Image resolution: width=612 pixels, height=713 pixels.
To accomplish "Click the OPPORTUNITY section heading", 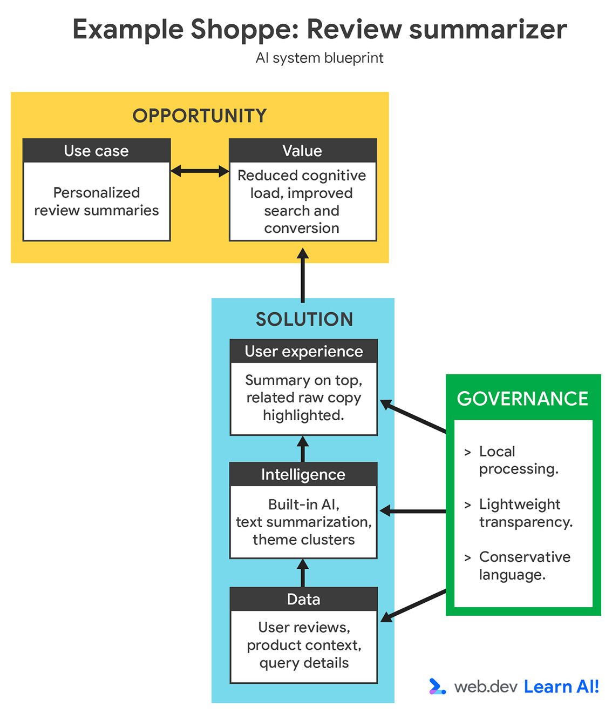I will [200, 116].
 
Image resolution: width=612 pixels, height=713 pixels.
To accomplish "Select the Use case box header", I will [97, 151].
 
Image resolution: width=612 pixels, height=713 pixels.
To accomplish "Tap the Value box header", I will [302, 151].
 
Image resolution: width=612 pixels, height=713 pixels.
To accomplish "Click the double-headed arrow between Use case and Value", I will [200, 171].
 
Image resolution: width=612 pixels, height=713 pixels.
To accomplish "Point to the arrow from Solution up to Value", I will [303, 275].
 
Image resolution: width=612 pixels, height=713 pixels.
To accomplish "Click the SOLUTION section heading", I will [304, 319].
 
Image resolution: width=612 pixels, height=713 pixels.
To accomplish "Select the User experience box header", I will [303, 351].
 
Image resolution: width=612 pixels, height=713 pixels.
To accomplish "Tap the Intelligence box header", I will [303, 474].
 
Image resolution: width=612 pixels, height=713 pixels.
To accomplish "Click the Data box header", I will [303, 599].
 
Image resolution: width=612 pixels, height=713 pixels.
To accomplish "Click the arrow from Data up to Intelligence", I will [303, 573].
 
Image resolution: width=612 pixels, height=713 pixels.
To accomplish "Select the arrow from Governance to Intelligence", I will [413, 511].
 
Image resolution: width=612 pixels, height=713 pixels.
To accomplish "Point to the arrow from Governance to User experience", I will [413, 416].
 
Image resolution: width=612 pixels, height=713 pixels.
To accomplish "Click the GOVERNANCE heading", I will [522, 399].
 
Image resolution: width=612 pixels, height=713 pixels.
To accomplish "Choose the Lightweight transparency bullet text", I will [525, 513].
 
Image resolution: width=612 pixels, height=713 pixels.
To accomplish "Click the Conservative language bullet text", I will [524, 566].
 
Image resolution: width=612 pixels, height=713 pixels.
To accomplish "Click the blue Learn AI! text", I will [561, 687].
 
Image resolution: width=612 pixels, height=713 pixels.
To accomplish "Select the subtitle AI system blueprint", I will [319, 58].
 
